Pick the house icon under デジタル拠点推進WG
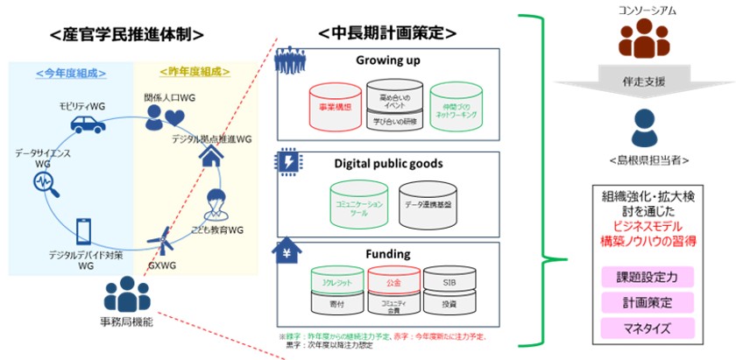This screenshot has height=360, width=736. click(212, 156)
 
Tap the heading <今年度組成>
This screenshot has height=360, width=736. click(70, 72)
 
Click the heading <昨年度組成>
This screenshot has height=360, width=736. click(195, 72)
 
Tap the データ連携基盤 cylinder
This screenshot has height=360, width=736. click(428, 202)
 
